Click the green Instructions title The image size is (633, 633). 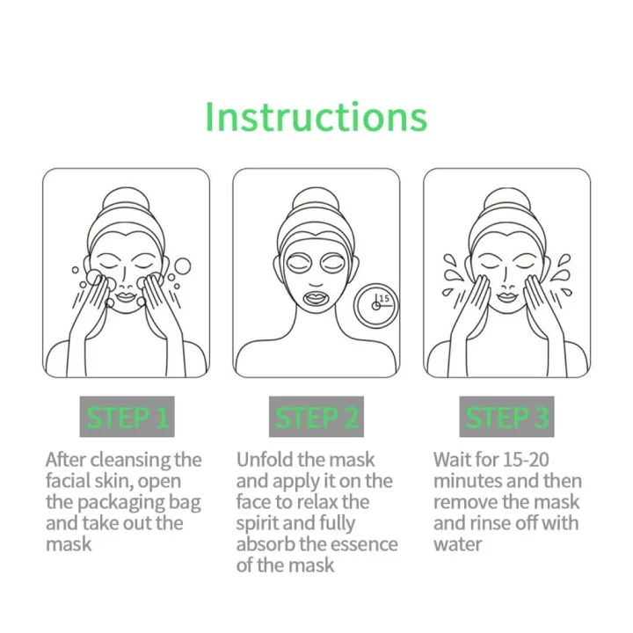tap(316, 116)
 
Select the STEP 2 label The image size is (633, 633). tap(316, 418)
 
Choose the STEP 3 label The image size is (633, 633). tap(507, 418)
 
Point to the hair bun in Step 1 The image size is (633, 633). tap(126, 204)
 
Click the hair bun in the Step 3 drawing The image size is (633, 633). tap(507, 204)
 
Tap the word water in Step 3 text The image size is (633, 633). tap(457, 544)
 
